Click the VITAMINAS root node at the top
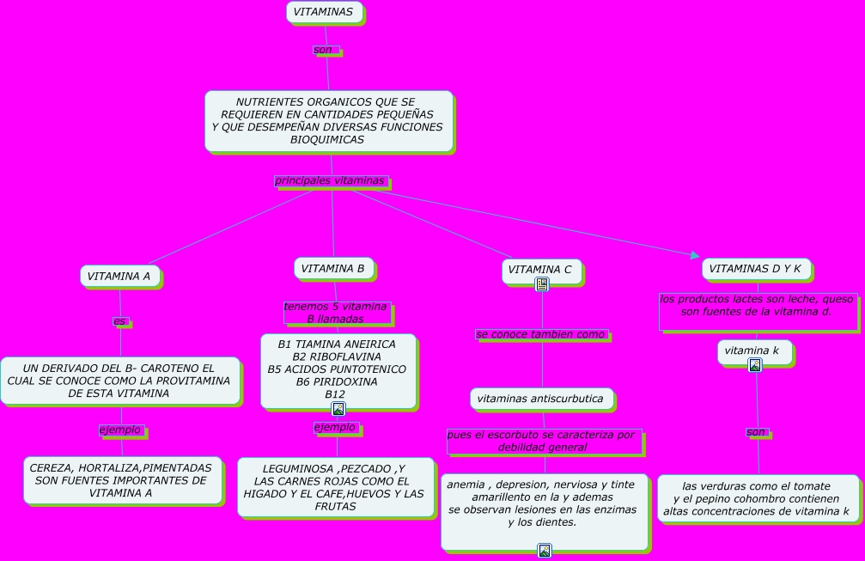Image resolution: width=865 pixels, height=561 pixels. coord(324,12)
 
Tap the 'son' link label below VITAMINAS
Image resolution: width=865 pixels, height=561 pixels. coord(325,50)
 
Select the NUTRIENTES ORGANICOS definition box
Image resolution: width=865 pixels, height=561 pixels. coord(327,121)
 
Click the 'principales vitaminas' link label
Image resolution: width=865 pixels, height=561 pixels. coord(331,181)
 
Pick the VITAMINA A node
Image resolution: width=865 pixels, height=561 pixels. coord(120,276)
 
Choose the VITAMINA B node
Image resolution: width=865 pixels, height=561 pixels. coord(333,269)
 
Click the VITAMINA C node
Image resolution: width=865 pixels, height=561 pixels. coord(540,270)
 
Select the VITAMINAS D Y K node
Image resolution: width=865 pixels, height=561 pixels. coord(756,269)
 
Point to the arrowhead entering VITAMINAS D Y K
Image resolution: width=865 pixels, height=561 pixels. coord(696,254)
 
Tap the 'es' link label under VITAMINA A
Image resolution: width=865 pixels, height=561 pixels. coord(120,321)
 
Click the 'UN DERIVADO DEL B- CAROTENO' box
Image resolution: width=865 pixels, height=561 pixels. coord(119,381)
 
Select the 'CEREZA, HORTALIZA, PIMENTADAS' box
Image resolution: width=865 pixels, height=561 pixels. coord(121,480)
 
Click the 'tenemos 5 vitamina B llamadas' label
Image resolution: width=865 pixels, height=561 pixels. coord(336,313)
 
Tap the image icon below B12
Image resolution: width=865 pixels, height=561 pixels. coord(338,409)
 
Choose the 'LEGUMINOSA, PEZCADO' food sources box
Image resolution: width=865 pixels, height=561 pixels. coord(335,487)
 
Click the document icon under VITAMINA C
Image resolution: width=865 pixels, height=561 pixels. coord(542,284)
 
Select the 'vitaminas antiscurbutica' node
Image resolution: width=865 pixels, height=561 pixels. coord(541,399)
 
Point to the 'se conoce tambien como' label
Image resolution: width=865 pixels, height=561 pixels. coord(542,334)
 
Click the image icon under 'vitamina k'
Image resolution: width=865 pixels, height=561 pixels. coord(755,365)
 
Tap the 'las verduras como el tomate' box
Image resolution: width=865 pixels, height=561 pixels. coord(758,498)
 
